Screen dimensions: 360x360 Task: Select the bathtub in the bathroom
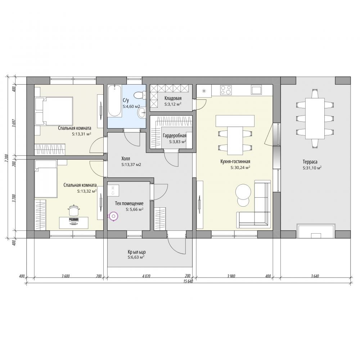(114, 101)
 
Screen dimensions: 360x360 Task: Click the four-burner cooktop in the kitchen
(226, 90)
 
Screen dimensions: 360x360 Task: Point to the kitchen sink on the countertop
(256, 90)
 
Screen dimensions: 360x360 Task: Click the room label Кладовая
(173, 98)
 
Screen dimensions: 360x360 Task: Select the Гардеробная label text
(175, 136)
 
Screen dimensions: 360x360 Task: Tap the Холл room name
(126, 158)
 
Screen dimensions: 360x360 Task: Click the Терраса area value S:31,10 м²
(312, 168)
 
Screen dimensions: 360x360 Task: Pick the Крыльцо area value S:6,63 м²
(136, 257)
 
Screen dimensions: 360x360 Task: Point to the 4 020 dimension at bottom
(146, 276)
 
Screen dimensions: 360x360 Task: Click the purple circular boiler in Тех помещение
(113, 216)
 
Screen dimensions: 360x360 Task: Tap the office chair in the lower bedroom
(74, 210)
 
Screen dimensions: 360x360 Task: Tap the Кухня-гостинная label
(235, 162)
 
